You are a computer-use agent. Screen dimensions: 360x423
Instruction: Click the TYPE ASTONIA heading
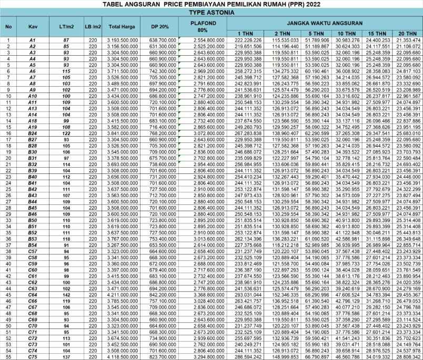click(x=211, y=12)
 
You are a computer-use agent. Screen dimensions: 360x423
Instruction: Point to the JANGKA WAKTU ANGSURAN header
click(x=321, y=24)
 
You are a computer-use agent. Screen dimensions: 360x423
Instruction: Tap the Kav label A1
click(x=33, y=40)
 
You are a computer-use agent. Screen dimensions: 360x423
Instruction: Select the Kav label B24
click(x=33, y=133)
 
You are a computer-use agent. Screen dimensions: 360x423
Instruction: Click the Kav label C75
click(x=33, y=356)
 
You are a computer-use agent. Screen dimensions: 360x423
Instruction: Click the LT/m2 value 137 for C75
click(x=66, y=356)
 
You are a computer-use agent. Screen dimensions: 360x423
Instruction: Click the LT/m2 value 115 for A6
click(x=66, y=71)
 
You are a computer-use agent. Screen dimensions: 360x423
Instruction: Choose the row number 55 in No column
click(x=9, y=356)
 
